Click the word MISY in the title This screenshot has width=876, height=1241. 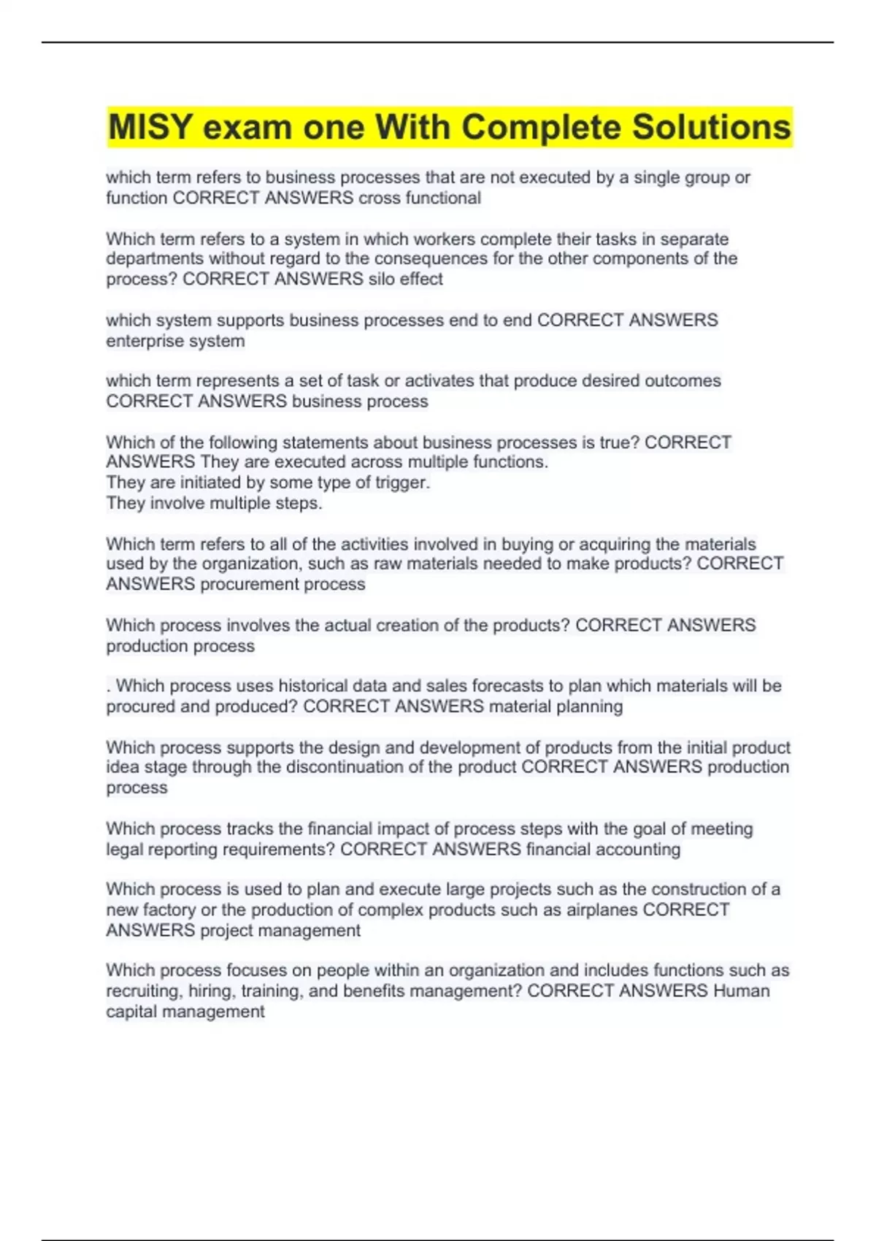(x=150, y=127)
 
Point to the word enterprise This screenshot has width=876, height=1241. (x=138, y=341)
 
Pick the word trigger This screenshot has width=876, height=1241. (x=402, y=483)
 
